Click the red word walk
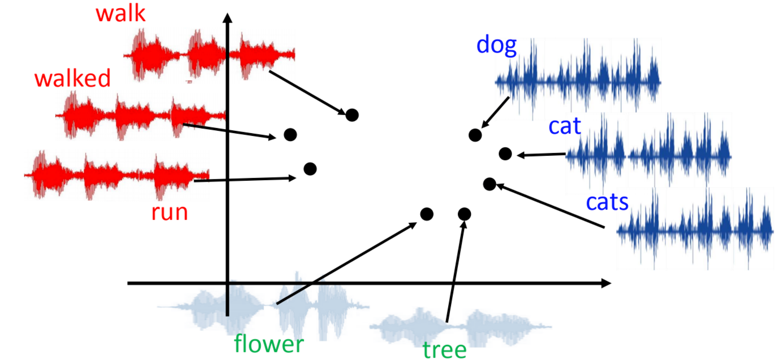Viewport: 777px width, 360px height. (x=121, y=14)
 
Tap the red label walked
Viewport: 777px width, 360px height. (x=72, y=78)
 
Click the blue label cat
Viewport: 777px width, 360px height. (x=565, y=126)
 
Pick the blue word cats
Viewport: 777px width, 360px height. (x=607, y=202)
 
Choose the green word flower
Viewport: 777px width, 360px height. (x=269, y=344)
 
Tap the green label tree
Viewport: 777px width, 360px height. (x=445, y=350)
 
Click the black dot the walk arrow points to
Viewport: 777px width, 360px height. (x=352, y=115)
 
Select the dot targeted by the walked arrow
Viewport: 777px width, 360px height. (x=290, y=135)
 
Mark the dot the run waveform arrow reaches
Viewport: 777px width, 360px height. (x=310, y=169)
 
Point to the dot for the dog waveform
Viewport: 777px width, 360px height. (x=475, y=135)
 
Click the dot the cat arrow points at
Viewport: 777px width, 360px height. (x=505, y=154)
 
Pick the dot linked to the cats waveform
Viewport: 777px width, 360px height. (x=489, y=184)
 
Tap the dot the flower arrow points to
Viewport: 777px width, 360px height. (x=427, y=214)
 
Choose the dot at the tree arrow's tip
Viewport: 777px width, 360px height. (x=464, y=214)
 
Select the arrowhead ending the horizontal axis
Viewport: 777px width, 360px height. (x=606, y=283)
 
